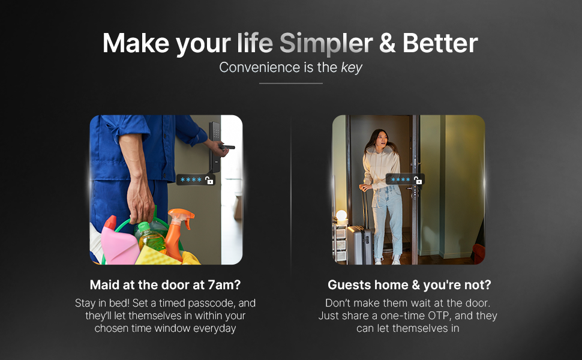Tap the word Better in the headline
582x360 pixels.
tap(441, 44)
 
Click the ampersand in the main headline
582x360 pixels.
tap(388, 44)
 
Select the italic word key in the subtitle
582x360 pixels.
tap(352, 67)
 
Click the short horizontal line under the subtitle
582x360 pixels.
tap(291, 83)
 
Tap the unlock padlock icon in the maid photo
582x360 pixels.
tap(209, 180)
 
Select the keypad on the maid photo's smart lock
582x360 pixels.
tap(214, 130)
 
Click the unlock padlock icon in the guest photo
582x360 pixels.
tap(418, 180)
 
